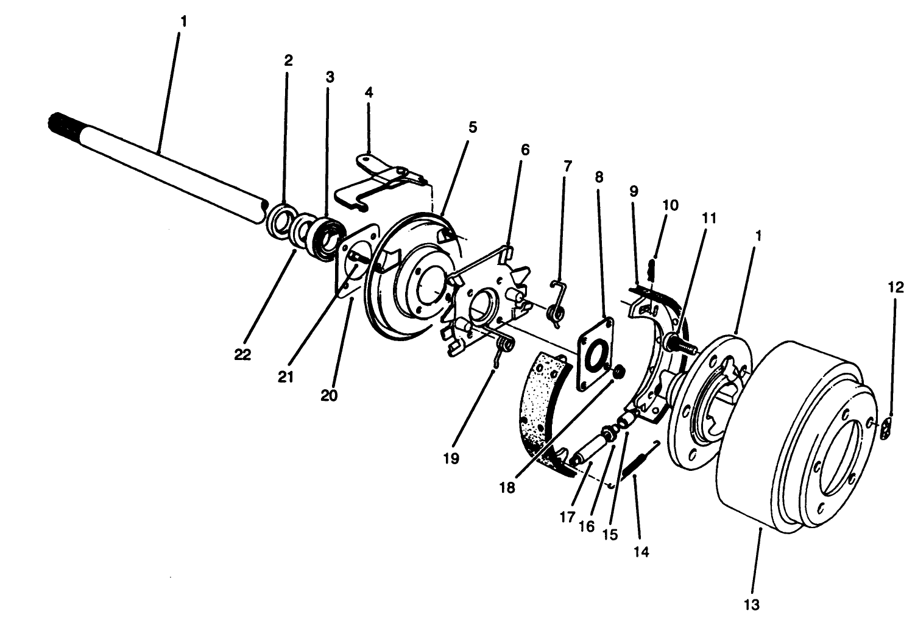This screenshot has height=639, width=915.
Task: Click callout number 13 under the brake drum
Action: pyautogui.click(x=752, y=604)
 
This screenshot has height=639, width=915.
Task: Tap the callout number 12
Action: pyautogui.click(x=896, y=288)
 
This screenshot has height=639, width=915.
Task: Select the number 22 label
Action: pyautogui.click(x=242, y=354)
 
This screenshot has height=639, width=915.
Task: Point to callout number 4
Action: pyautogui.click(x=369, y=92)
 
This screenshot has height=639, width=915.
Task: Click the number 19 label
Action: pyautogui.click(x=451, y=458)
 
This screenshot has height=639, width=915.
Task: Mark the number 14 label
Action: pyautogui.click(x=641, y=552)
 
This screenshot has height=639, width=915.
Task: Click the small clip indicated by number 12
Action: pyautogui.click(x=887, y=428)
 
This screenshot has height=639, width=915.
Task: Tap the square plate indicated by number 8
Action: pyautogui.click(x=595, y=353)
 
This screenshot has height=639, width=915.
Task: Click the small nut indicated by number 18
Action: pyautogui.click(x=616, y=371)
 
